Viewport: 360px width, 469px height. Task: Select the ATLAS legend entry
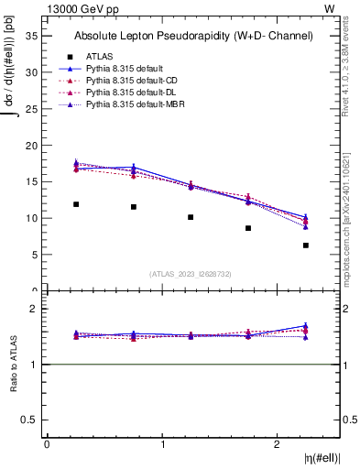coord(99,56)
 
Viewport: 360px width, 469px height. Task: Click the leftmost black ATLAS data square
coord(76,204)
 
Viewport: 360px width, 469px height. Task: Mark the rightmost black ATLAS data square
coord(306,245)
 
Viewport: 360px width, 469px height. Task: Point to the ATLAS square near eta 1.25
coord(191,217)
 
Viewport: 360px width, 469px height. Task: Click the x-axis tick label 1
coord(162,444)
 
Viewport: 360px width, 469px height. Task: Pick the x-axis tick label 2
coord(278,444)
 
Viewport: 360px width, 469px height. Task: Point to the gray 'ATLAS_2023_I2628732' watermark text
coord(191,274)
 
